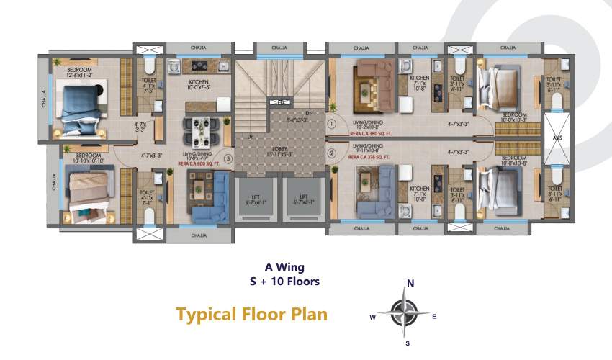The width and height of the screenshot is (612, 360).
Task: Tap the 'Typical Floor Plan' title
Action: (x=252, y=314)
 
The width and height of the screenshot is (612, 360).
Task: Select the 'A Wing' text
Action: (x=279, y=266)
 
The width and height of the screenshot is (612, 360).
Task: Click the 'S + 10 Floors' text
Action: (x=279, y=282)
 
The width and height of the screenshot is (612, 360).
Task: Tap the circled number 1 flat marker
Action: (x=332, y=124)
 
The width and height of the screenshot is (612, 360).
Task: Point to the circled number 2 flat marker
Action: (x=332, y=153)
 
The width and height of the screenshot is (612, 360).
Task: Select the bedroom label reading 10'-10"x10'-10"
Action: (x=85, y=158)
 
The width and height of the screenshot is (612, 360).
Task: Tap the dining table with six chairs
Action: (x=199, y=129)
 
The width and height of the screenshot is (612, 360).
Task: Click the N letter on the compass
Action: (x=411, y=284)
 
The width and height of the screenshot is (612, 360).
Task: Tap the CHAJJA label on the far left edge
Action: (x=44, y=96)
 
